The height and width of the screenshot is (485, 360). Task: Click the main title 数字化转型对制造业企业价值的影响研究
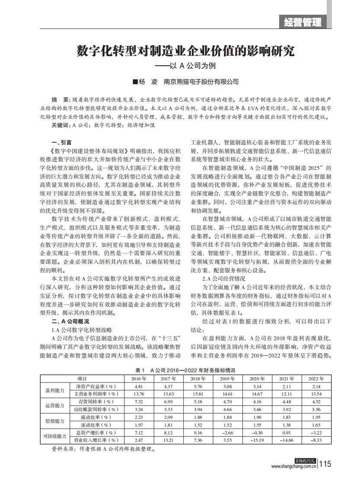[x=186, y=51]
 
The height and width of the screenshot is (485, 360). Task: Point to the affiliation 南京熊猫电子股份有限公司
[x=201, y=81]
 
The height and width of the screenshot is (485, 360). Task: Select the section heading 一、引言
[x=61, y=142]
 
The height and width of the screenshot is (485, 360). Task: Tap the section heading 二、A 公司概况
[x=70, y=322]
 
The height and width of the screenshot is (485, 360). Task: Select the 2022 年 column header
[x=315, y=378]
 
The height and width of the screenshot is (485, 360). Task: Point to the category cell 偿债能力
[x=54, y=421]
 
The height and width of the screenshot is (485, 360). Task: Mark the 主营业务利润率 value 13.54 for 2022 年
[x=315, y=394]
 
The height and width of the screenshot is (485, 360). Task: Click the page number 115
[x=325, y=464]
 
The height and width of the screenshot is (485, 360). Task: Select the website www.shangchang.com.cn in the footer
[x=294, y=466]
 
